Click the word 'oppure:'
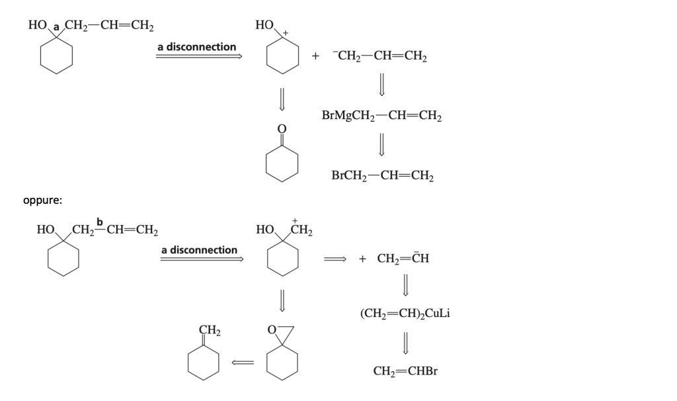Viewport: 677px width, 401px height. [42, 200]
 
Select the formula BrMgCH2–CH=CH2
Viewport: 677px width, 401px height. [381, 116]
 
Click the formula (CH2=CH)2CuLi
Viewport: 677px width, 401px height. [405, 313]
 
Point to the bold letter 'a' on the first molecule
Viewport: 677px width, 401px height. [57, 27]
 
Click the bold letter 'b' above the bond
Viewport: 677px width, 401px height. [100, 220]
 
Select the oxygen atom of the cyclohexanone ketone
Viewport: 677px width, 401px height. [282, 128]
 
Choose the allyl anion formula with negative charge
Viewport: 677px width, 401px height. [381, 56]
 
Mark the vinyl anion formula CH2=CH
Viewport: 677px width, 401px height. [403, 258]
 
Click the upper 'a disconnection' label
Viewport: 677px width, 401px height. [196, 47]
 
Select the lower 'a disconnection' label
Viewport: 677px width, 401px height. [199, 250]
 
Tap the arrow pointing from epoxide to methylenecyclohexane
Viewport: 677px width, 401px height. [243, 361]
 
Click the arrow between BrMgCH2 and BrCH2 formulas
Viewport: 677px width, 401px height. [381, 146]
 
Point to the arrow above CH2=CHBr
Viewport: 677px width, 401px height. [405, 343]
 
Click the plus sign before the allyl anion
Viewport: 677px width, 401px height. [316, 57]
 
